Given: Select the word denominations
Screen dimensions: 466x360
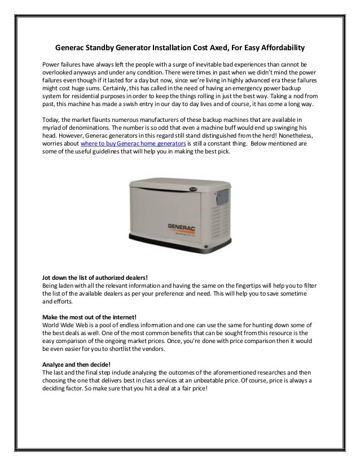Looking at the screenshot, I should (76, 129).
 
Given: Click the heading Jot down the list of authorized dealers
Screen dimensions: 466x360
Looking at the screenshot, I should (95, 277).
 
